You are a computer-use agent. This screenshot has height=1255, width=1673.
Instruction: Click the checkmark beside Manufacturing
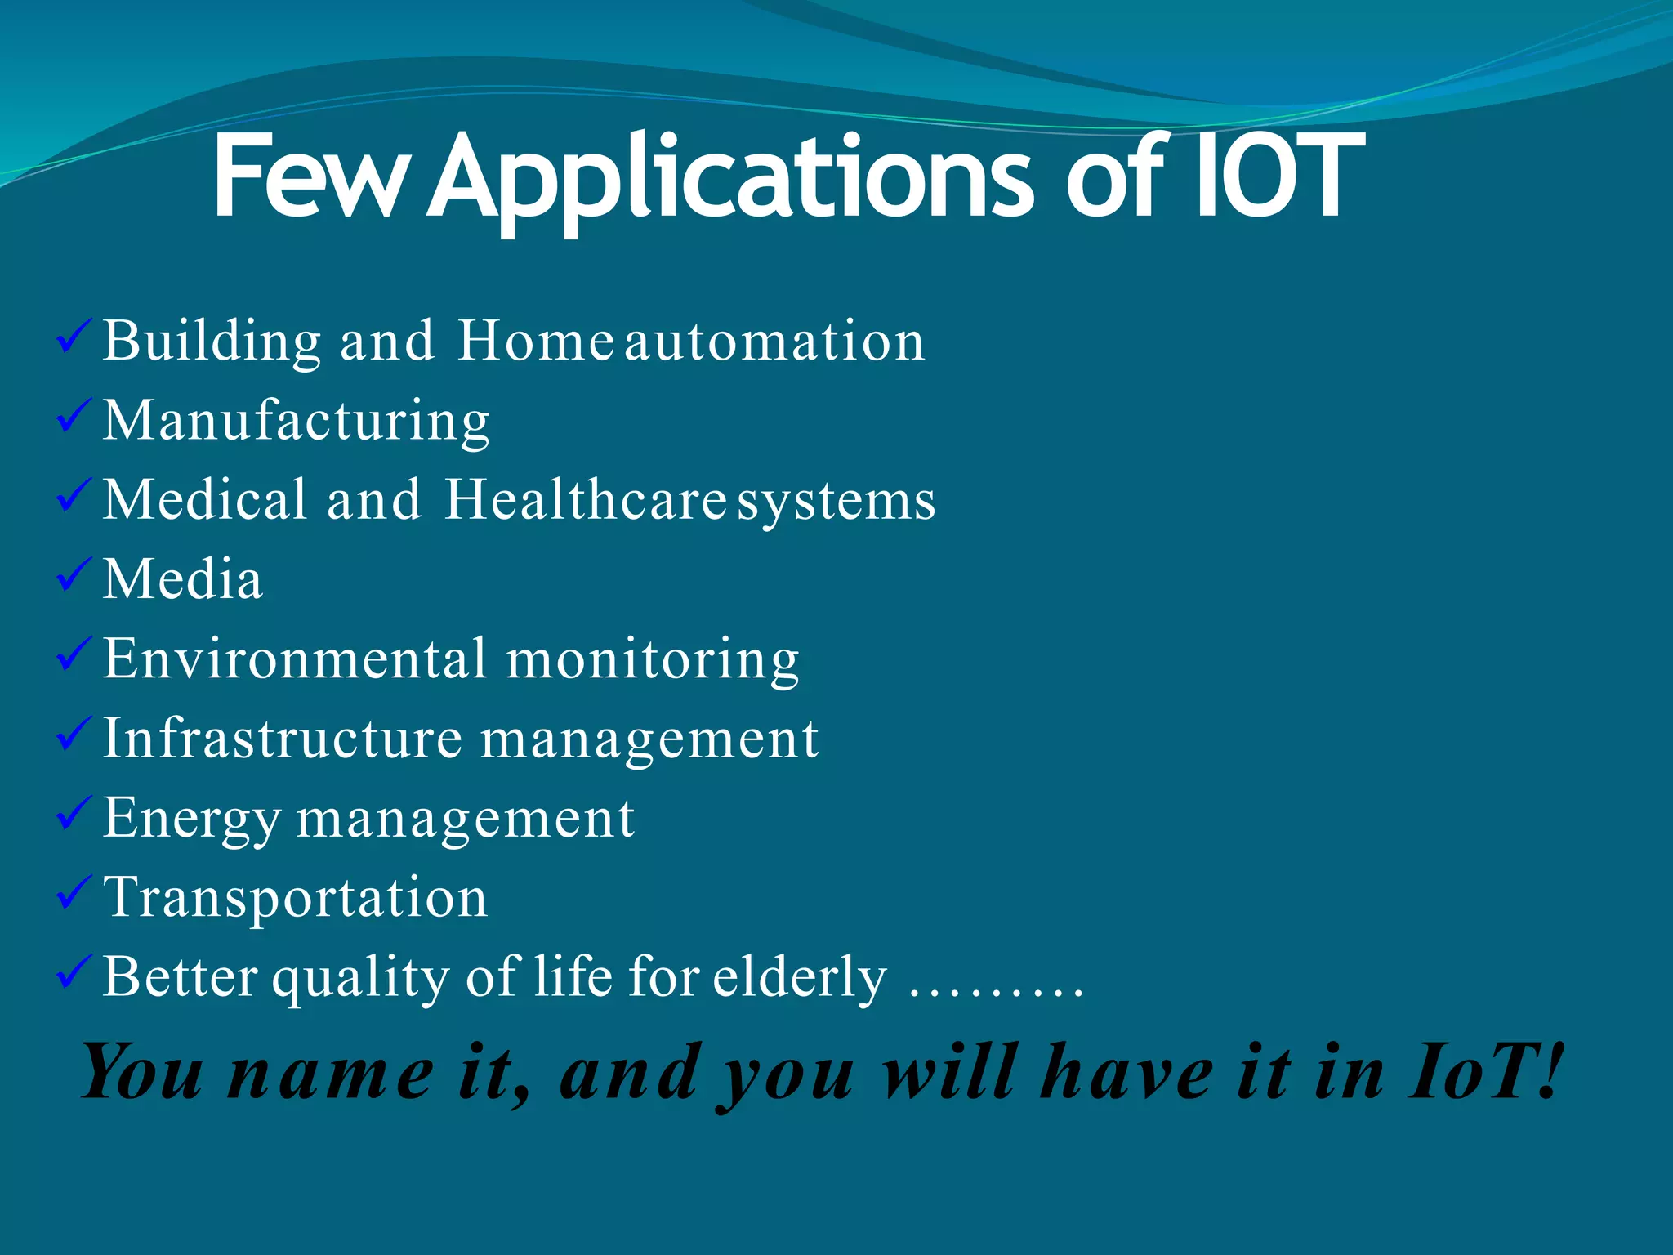pyautogui.click(x=74, y=416)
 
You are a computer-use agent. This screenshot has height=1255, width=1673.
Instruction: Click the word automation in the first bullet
pyautogui.click(x=774, y=341)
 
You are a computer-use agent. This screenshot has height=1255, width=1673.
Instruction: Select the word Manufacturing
pyautogui.click(x=296, y=421)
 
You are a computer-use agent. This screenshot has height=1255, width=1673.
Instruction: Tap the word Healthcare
pyautogui.click(x=585, y=499)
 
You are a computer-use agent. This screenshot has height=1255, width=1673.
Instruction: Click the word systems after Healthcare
pyautogui.click(x=836, y=501)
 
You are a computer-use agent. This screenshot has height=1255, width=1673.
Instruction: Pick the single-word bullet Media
pyautogui.click(x=183, y=579)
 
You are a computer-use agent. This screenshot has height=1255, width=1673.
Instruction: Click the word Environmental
pyautogui.click(x=294, y=659)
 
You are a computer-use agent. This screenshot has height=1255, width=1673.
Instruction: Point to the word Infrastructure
pyautogui.click(x=282, y=738)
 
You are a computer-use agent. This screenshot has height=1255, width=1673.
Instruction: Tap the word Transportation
pyautogui.click(x=296, y=897)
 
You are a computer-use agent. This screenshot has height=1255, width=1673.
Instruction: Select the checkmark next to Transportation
pyautogui.click(x=74, y=893)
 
